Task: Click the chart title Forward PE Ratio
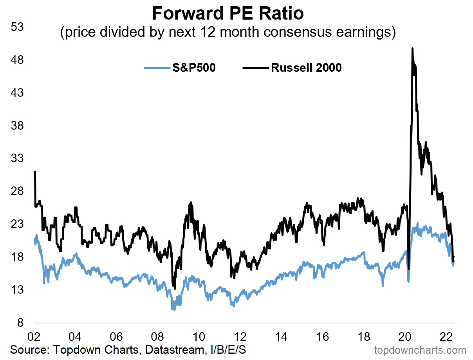pos(227,14)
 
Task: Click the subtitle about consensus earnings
pos(227,32)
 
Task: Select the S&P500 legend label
pos(194,68)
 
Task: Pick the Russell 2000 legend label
pos(306,68)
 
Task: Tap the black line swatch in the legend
pos(256,68)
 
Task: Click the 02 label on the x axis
pos(34,336)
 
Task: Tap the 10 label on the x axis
pos(199,336)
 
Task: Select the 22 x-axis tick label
pos(446,336)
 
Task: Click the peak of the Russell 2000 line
pos(412,49)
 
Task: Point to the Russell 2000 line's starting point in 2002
pos(34,172)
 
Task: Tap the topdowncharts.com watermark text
pos(420,350)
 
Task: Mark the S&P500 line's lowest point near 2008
pos(173,309)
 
